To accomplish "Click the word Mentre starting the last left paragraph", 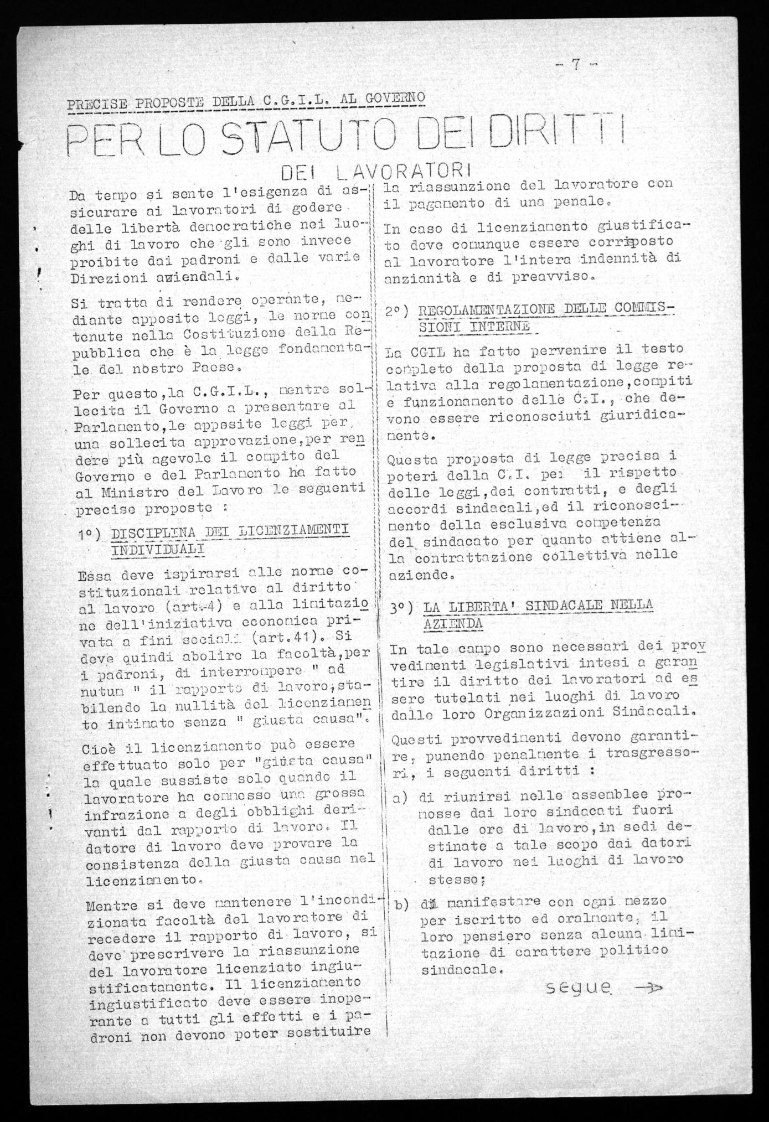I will (109, 907).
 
